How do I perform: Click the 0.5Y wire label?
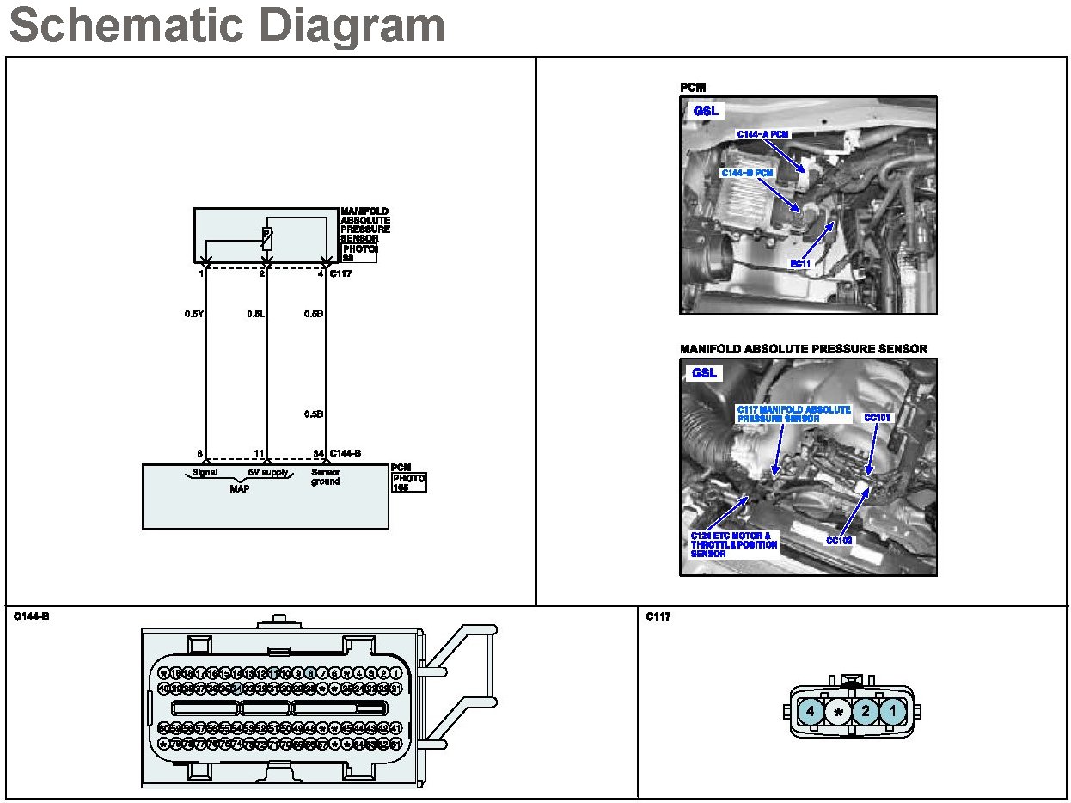(x=193, y=314)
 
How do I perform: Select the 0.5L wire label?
(x=255, y=314)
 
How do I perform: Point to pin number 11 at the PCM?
(x=258, y=453)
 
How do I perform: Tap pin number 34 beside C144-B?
(x=318, y=453)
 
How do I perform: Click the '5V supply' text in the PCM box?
(x=268, y=472)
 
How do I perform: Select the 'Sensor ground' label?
(x=326, y=476)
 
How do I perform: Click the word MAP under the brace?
(x=240, y=487)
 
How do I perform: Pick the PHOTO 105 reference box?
(x=409, y=481)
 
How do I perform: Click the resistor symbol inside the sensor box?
(x=266, y=239)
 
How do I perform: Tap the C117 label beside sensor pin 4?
(x=342, y=273)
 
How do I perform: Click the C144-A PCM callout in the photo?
(x=762, y=135)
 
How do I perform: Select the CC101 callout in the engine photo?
(x=878, y=418)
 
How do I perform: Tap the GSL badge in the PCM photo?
(x=706, y=111)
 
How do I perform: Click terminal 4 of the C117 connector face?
(x=810, y=711)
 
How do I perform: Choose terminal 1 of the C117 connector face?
(x=893, y=711)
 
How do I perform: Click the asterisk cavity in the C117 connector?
(x=838, y=712)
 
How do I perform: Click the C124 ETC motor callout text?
(x=734, y=545)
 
